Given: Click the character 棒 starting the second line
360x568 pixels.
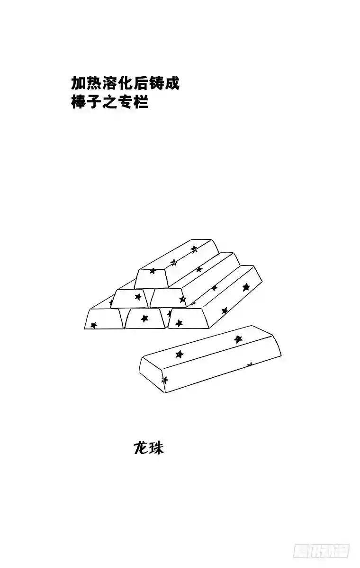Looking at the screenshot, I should pyautogui.click(x=78, y=102).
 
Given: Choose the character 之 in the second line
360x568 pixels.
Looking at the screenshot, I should pyautogui.click(x=109, y=102).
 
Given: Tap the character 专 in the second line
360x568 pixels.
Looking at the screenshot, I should pyautogui.click(x=125, y=102).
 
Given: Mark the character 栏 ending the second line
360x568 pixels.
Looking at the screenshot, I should pyautogui.click(x=141, y=102).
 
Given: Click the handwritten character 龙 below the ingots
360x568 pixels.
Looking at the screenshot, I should pyautogui.click(x=141, y=448).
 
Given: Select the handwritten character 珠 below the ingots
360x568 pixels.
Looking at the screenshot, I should pyautogui.click(x=156, y=448).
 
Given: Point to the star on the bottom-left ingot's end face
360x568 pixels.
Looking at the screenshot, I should pyautogui.click(x=94, y=325).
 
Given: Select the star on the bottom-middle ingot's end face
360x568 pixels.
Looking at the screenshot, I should pyautogui.click(x=145, y=319).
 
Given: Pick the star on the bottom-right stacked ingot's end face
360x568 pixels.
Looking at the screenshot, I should pyautogui.click(x=179, y=323).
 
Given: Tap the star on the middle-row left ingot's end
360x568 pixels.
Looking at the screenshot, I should pyautogui.click(x=138, y=297).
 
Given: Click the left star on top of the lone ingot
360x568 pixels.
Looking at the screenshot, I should pyautogui.click(x=179, y=354).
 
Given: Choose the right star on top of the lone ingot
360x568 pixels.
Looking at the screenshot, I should pyautogui.click(x=238, y=339).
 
